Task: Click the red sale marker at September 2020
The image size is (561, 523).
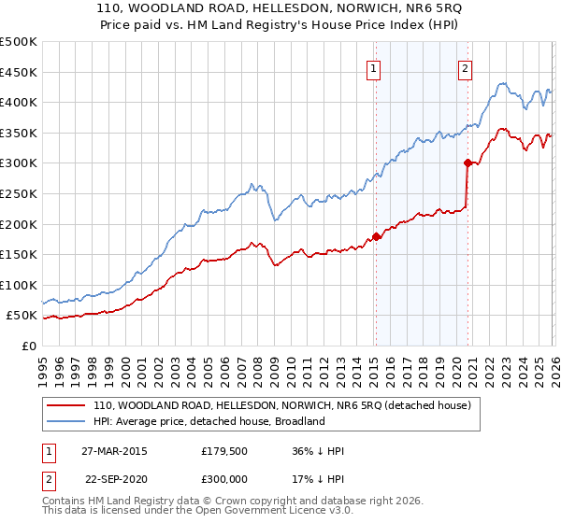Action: [x=467, y=163]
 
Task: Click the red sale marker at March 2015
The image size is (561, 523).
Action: [x=376, y=236]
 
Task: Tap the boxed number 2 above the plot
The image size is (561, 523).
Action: [x=465, y=67]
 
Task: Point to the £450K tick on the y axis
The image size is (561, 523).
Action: [x=19, y=72]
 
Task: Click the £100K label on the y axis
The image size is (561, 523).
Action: [x=19, y=285]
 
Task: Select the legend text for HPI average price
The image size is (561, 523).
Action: [x=209, y=421]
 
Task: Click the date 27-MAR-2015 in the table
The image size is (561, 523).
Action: [x=115, y=450]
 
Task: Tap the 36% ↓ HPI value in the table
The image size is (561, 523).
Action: [x=318, y=450]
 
